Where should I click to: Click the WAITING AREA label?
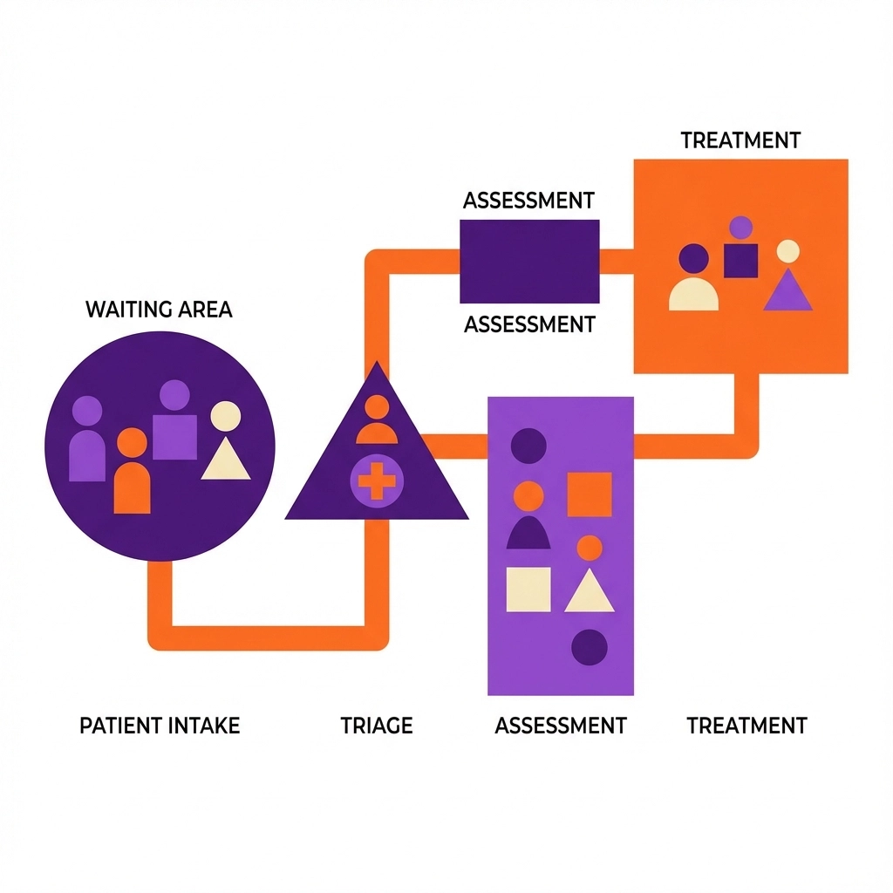[x=159, y=309]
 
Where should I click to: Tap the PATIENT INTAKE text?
[x=160, y=725]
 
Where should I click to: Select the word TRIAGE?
[x=376, y=725]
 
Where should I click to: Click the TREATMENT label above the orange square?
[x=740, y=140]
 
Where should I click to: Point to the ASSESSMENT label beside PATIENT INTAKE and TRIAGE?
[x=560, y=725]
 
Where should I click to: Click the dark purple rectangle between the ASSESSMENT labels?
[x=529, y=261]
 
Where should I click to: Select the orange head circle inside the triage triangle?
[x=377, y=406]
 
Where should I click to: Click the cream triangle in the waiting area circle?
[x=226, y=460]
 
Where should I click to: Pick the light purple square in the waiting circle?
[x=174, y=436]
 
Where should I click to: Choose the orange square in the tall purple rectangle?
[x=590, y=494]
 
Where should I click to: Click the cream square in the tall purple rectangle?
[x=528, y=589]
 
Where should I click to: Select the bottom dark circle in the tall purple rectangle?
[x=589, y=647]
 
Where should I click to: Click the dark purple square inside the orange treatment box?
[x=740, y=260]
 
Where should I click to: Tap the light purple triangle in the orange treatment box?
[x=787, y=292]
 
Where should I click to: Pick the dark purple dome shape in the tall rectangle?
[x=528, y=533]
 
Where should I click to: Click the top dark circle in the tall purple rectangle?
[x=528, y=445]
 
